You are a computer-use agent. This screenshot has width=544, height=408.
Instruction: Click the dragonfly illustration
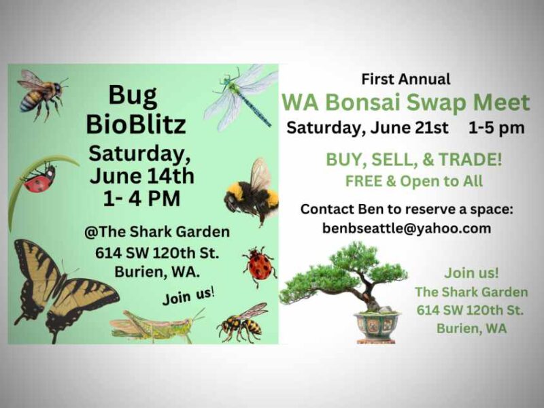[x=239, y=97]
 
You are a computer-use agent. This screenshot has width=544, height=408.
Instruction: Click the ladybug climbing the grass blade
[x=39, y=178]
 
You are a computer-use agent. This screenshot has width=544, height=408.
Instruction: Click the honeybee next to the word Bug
[x=41, y=95]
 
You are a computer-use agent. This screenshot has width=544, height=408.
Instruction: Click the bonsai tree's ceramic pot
[x=377, y=326]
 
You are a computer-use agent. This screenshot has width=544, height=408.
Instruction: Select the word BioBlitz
[x=136, y=124]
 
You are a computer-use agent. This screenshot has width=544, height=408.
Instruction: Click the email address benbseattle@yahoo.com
[x=407, y=228]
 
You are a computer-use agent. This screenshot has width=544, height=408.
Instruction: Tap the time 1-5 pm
[x=496, y=128]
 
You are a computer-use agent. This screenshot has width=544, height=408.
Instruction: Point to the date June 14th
[x=141, y=176]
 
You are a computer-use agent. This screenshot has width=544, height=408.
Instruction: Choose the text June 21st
[x=409, y=128]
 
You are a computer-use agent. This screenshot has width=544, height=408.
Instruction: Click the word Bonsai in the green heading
[x=362, y=103]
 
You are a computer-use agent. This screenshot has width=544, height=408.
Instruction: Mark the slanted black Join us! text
[x=189, y=296]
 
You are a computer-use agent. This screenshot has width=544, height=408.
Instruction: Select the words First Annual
[x=406, y=79]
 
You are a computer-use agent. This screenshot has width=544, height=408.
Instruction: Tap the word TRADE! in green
[x=470, y=160]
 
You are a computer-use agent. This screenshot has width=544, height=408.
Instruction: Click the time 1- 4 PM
[x=141, y=199]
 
